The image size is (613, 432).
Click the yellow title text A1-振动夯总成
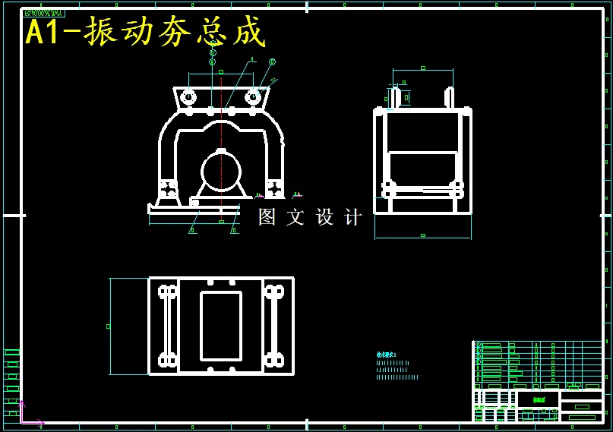point(146,32)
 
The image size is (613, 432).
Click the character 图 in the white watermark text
point(267,217)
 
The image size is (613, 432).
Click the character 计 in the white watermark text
point(354,217)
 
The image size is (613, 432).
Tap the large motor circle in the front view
point(221,172)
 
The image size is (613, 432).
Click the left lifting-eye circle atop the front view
point(188,97)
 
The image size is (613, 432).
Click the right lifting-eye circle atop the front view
point(254,97)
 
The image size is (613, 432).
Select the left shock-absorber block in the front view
point(168,189)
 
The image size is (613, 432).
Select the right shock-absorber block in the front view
point(274,189)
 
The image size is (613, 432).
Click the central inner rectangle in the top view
point(221,326)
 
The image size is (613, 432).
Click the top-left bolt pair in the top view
point(167,292)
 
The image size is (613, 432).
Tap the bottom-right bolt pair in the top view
point(274,359)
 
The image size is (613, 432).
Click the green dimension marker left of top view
point(109,326)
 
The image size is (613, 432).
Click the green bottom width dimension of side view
point(422,236)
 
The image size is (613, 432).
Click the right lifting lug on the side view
point(450,98)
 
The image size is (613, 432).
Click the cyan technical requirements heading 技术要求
point(387,355)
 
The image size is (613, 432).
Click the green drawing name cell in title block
point(538,399)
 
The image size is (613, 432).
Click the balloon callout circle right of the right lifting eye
point(272,62)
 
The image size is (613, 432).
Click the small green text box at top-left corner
point(44,13)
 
